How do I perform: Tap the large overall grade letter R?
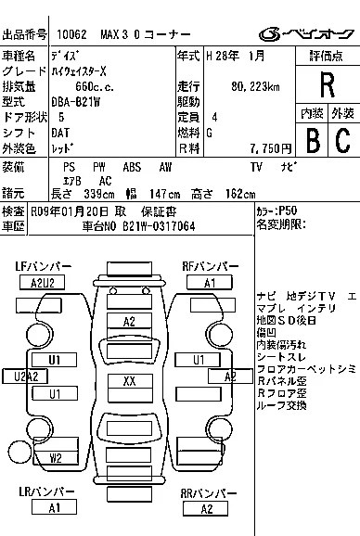(x=326, y=84)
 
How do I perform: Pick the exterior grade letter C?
(x=341, y=140)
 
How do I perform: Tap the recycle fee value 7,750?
(x=264, y=148)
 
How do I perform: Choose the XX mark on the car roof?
(x=129, y=381)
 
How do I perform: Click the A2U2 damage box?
(x=43, y=282)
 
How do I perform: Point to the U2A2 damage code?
(x=26, y=376)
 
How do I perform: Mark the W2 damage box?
(x=56, y=457)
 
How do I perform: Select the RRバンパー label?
(x=206, y=493)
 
